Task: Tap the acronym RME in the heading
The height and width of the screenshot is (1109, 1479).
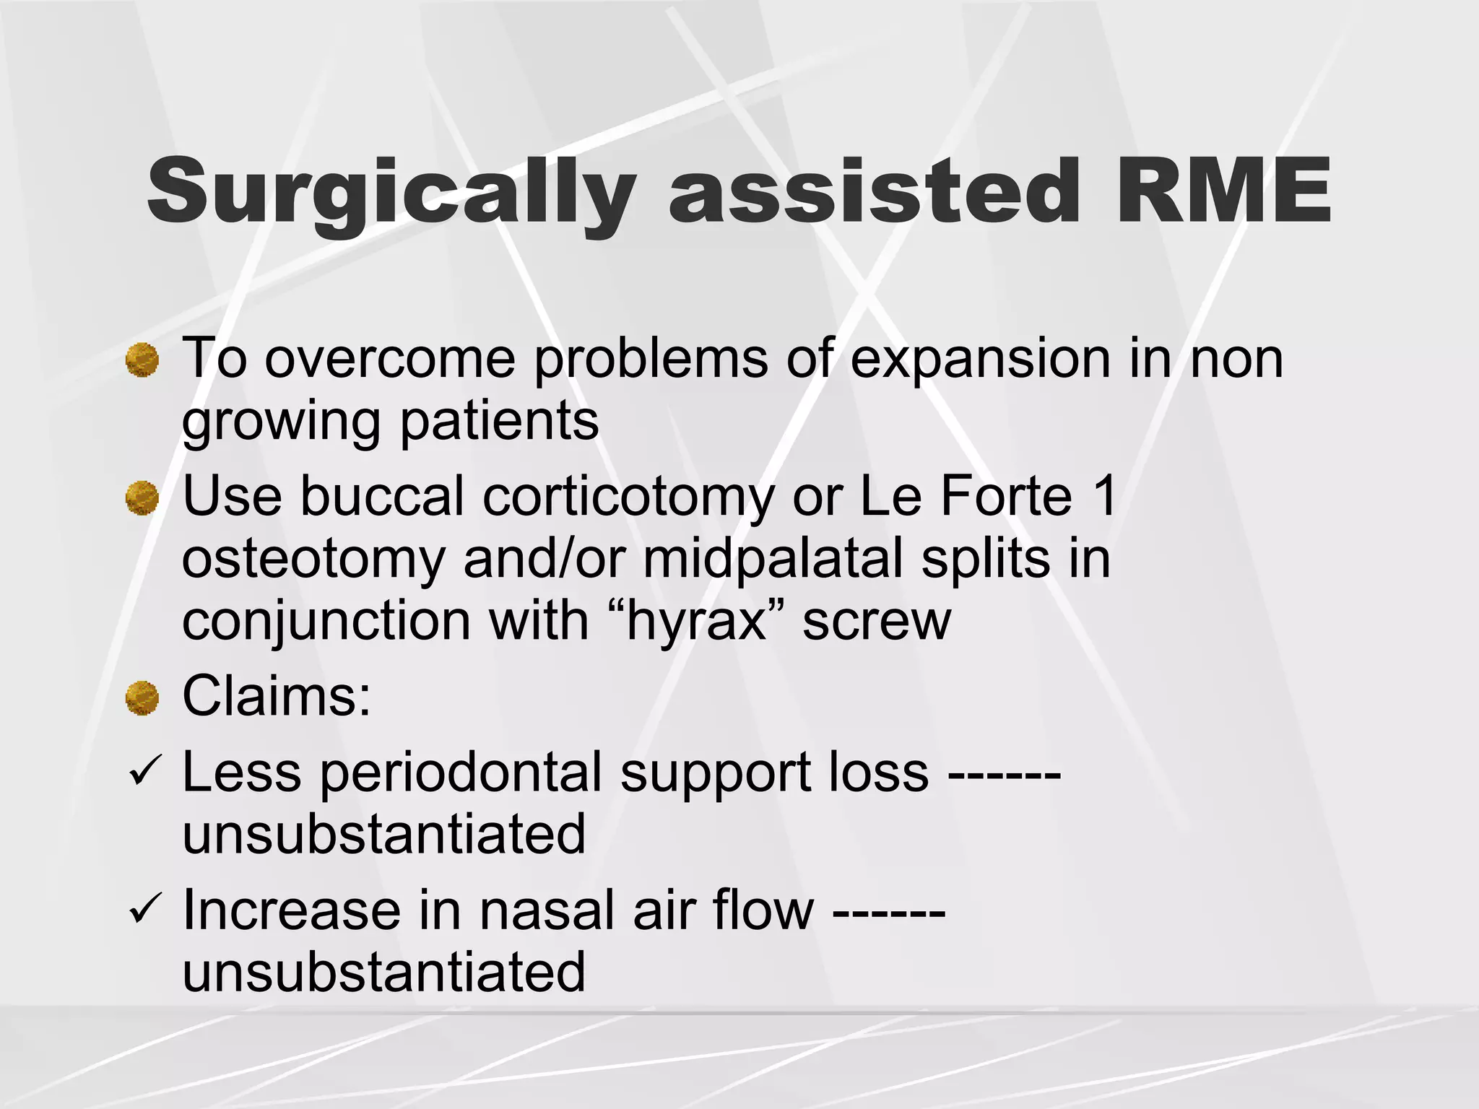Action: coord(1223,191)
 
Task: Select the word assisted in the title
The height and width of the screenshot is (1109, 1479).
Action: coord(874,191)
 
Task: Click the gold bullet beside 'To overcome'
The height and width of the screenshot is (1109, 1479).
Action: coord(142,360)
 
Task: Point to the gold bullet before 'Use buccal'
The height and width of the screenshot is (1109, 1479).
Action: coord(142,498)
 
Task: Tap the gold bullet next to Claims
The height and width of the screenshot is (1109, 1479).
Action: coord(142,697)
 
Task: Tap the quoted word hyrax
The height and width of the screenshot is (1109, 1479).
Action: coord(697,622)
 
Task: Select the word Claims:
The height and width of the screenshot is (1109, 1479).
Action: coord(277,696)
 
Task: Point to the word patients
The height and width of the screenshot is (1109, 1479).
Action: coord(499,420)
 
